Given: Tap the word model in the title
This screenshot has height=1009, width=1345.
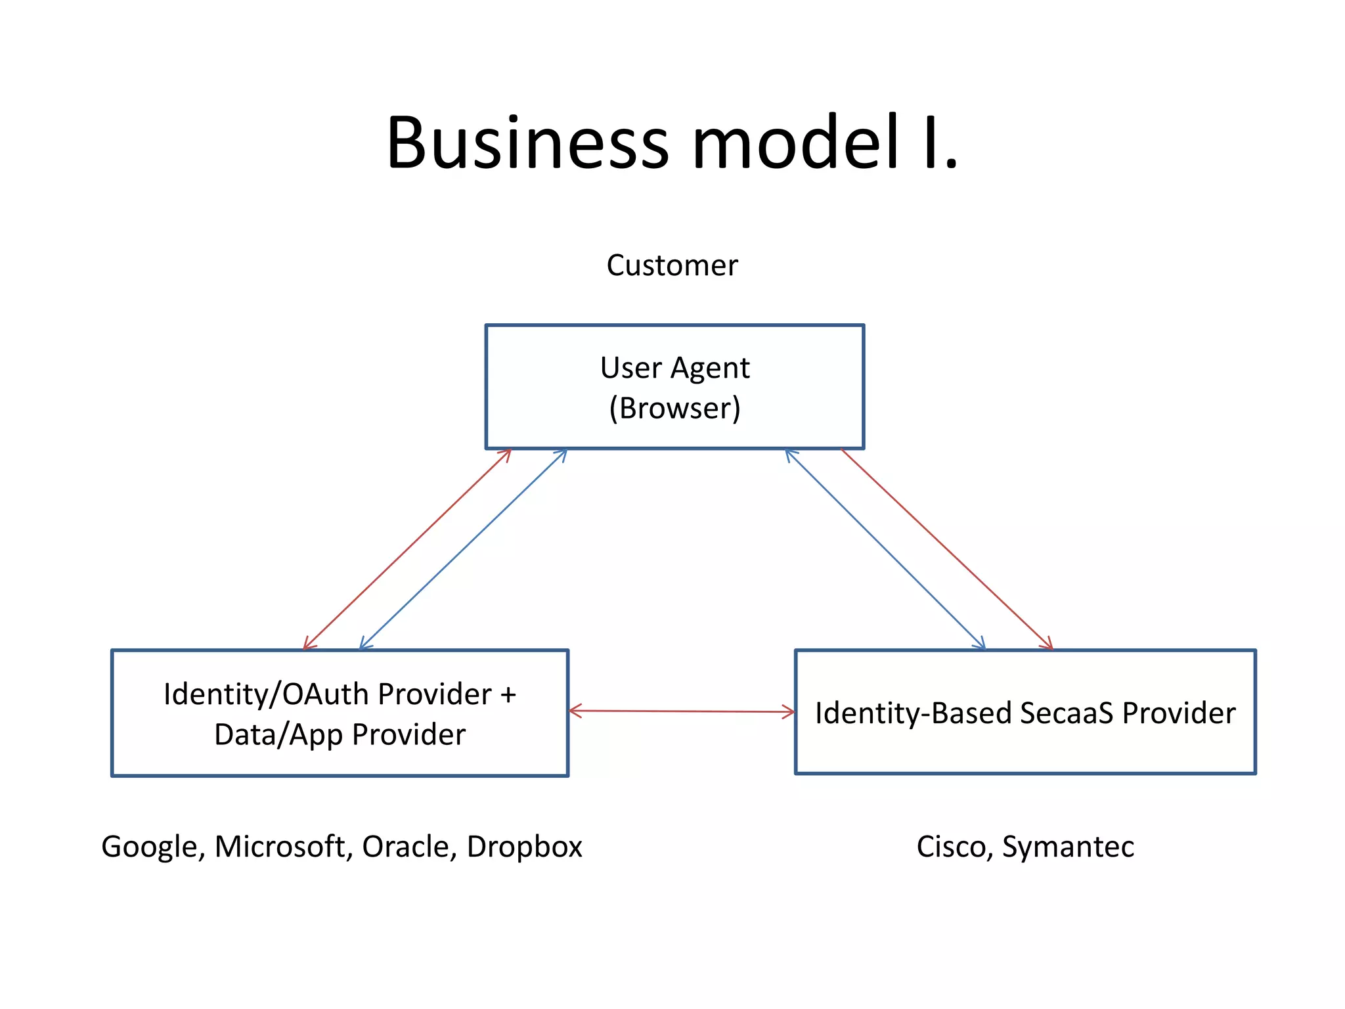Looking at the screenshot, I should tap(795, 143).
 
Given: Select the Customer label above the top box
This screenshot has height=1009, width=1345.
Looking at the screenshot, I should tap(672, 265).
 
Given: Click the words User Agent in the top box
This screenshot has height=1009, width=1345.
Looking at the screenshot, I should tap(674, 368).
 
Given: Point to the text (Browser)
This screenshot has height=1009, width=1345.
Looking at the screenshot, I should tap(674, 408).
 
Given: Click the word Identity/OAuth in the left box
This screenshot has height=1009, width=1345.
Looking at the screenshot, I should tap(266, 694).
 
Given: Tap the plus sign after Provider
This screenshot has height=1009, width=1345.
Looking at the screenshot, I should tap(508, 695).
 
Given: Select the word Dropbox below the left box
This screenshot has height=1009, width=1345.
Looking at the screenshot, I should tap(524, 847).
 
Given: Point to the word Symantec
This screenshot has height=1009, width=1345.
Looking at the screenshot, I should tap(1068, 847).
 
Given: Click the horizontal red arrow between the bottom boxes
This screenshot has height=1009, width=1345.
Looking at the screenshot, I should tap(681, 711).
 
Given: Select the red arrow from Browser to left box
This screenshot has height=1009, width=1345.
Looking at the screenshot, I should tap(407, 549).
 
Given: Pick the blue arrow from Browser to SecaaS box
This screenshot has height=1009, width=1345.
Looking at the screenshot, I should tap(885, 549).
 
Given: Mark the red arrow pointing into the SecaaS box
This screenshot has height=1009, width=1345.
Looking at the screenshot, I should tap(946, 549).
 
